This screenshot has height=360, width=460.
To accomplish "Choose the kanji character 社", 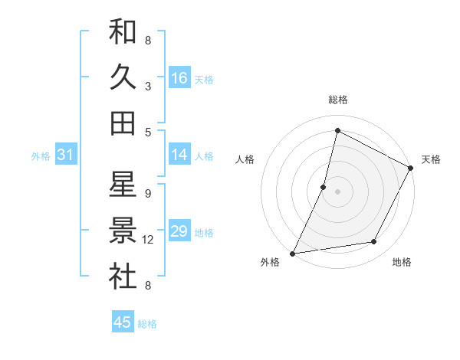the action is point(123,277).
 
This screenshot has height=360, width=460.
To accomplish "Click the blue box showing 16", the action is point(179,78).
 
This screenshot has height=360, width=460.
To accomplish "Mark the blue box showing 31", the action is point(65,155).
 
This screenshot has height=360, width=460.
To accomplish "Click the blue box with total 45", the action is point(123,322).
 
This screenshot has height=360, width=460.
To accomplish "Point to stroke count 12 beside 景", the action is point(148,240).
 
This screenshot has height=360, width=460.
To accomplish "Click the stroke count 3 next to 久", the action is point(148,86).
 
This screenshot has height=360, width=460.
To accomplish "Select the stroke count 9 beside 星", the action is point(148,193).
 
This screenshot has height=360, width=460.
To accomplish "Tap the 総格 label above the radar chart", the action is point(337,100).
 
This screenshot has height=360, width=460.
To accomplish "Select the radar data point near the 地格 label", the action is point(374,242).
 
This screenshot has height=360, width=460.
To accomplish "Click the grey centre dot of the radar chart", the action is point(337,191).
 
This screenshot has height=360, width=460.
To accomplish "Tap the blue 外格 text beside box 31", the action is point(41,156).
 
